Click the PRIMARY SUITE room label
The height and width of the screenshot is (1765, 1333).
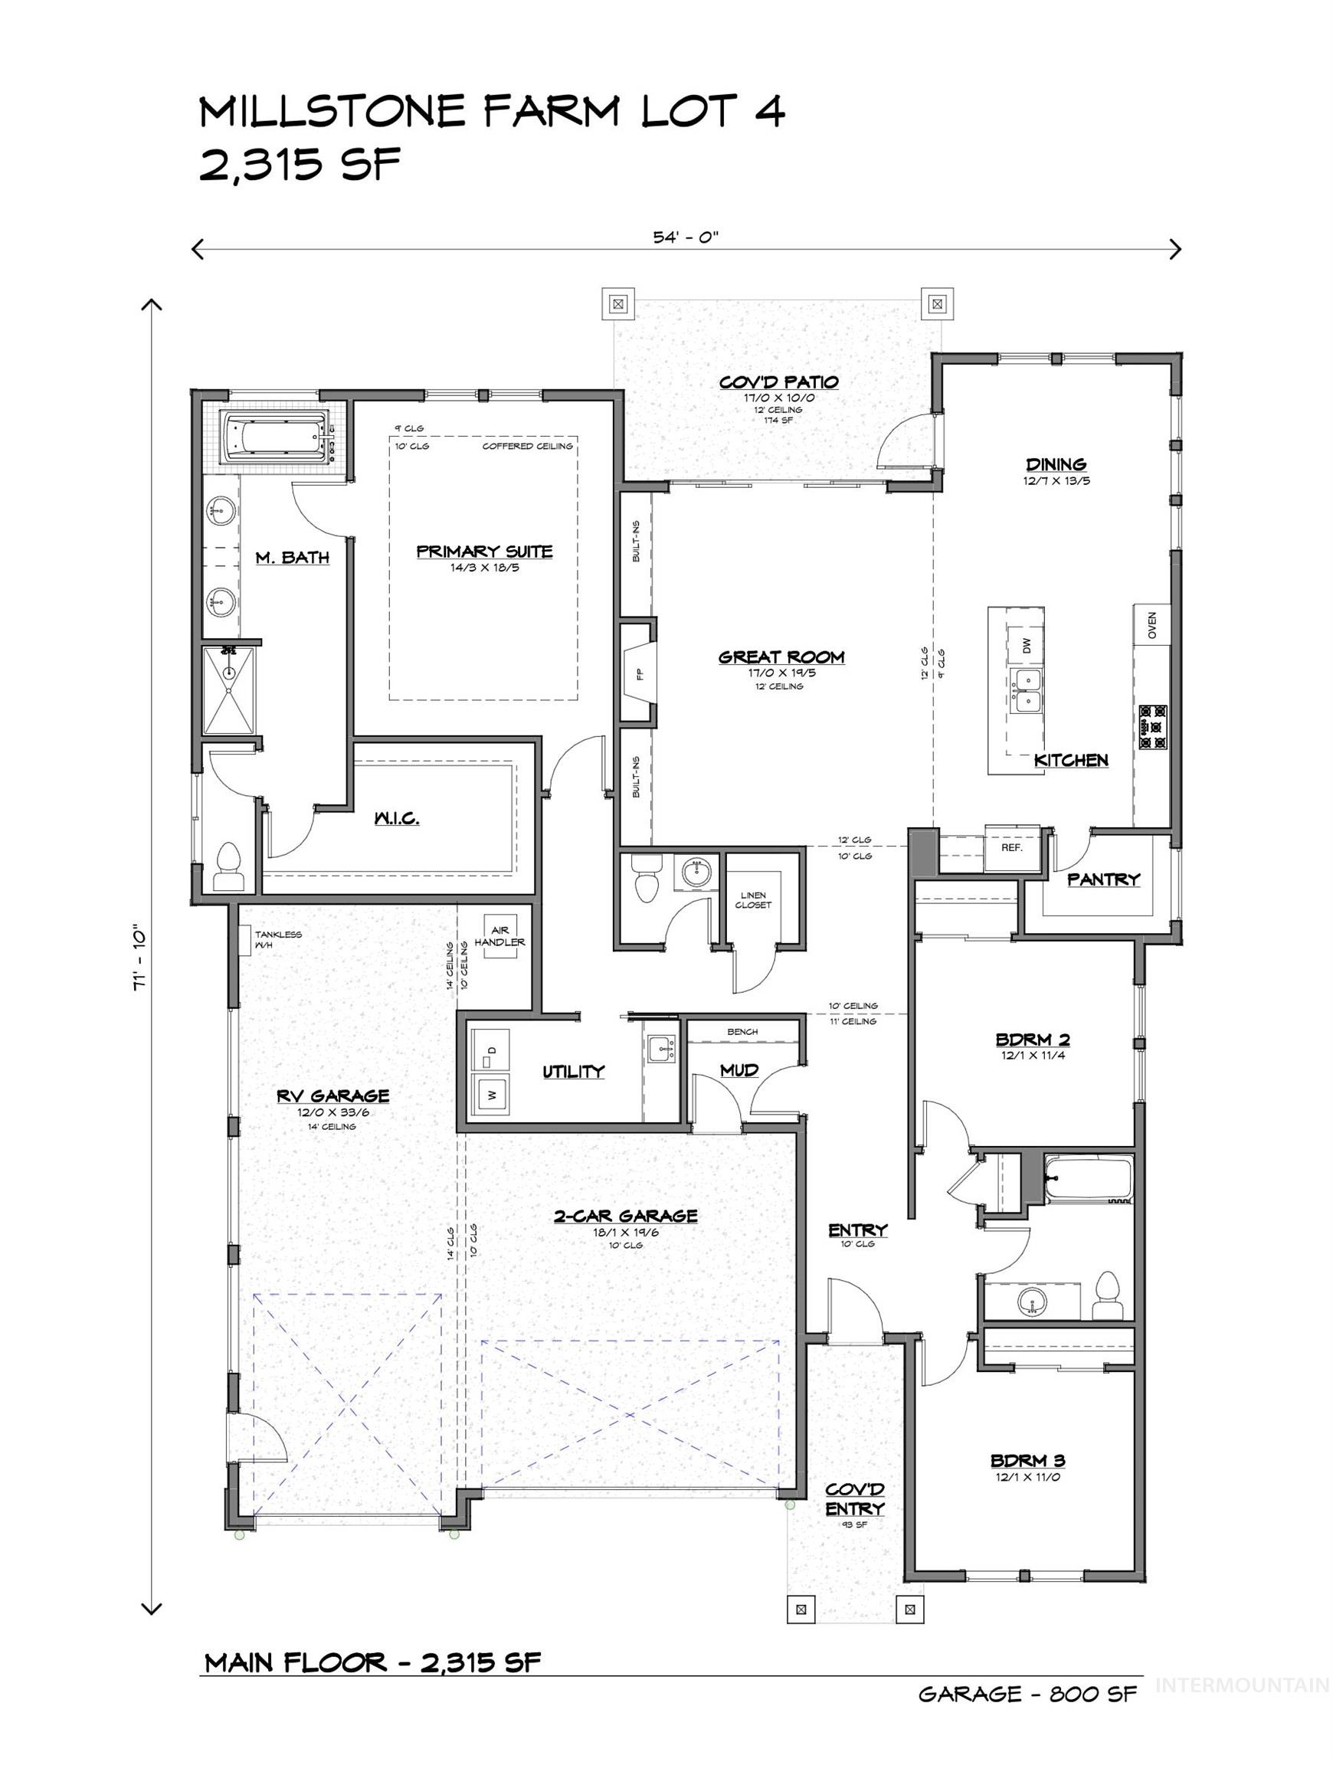(x=483, y=552)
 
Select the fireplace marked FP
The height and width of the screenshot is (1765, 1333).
(x=640, y=672)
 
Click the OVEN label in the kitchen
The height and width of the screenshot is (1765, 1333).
(x=1151, y=625)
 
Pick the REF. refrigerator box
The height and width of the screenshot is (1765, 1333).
(x=1011, y=847)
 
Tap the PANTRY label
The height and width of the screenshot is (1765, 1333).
(x=1103, y=879)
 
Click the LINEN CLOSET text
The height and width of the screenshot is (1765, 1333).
(x=753, y=900)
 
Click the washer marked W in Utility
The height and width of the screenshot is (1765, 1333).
(x=492, y=1095)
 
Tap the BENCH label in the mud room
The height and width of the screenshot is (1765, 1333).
(x=742, y=1032)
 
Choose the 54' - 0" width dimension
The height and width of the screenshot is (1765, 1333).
(x=686, y=237)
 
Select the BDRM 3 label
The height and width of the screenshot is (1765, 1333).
(x=1027, y=1461)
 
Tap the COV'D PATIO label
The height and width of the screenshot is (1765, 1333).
(x=778, y=382)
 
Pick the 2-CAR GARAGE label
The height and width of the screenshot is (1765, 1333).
(x=625, y=1216)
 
